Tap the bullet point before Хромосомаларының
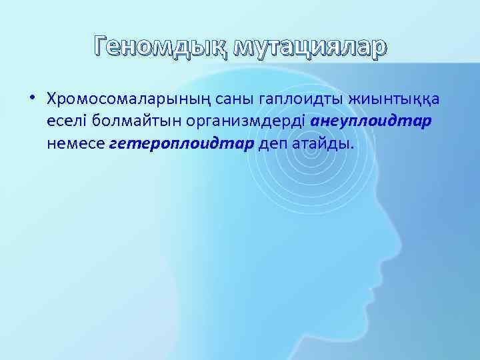(x=31, y=98)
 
